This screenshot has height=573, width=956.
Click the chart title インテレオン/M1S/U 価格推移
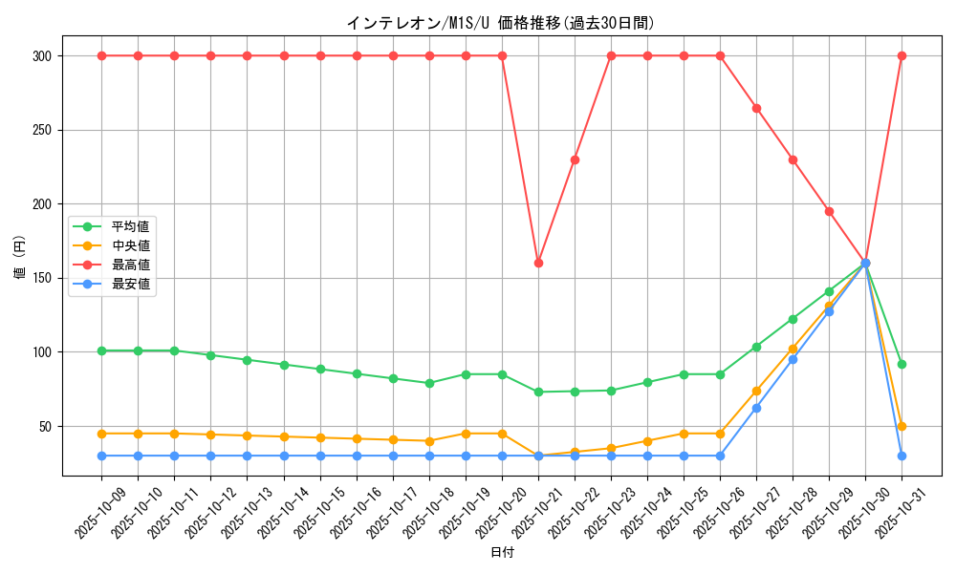(500, 23)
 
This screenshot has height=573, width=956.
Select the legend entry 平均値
(131, 226)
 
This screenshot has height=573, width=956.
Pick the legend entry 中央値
(131, 245)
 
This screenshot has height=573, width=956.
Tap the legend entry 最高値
(131, 265)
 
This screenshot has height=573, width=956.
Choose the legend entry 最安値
(131, 284)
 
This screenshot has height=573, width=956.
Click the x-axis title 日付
(502, 553)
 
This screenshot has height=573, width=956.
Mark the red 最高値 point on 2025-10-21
(538, 263)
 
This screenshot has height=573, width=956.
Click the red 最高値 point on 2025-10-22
(575, 159)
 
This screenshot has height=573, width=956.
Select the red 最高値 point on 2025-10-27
(756, 108)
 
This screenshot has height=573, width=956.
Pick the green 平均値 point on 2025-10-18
(429, 383)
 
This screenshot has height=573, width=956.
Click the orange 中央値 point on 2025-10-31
(902, 426)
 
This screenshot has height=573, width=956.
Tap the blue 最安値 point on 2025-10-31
(902, 456)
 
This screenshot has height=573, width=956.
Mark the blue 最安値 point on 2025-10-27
(756, 408)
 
